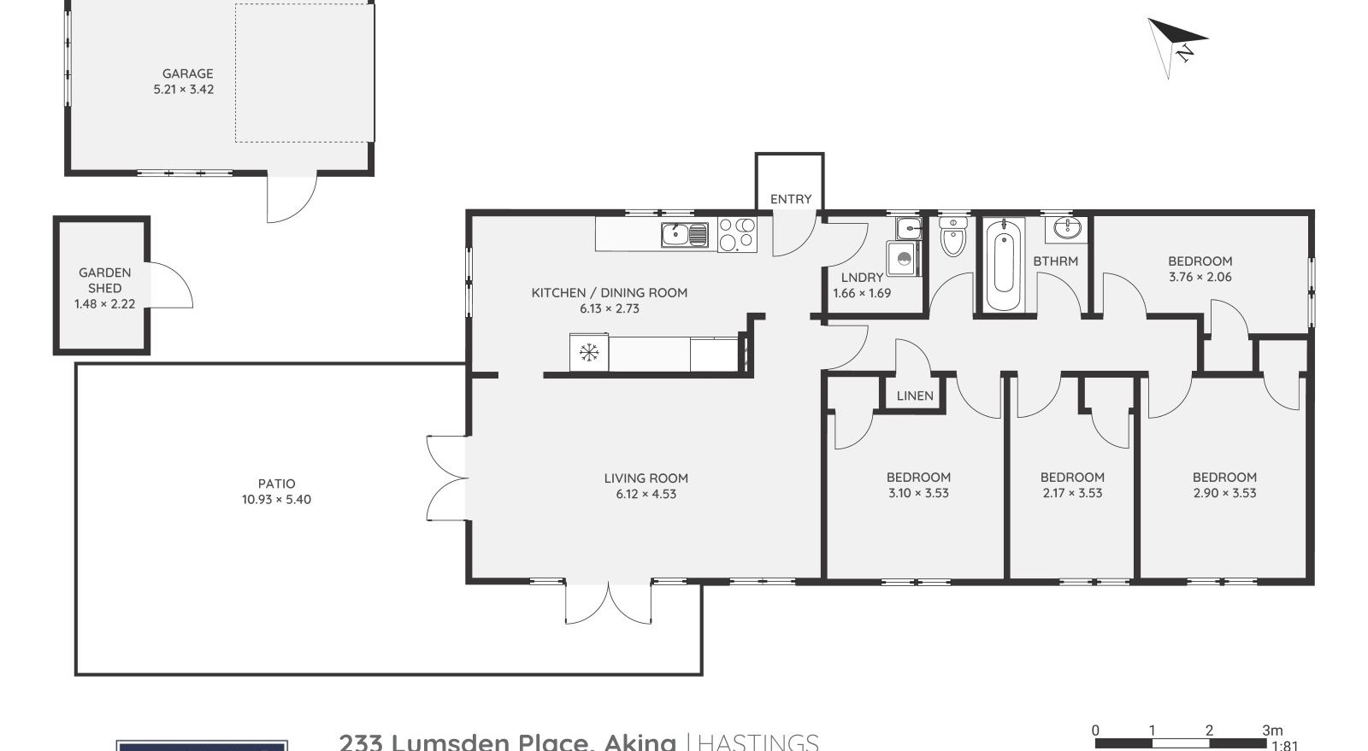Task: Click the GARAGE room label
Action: pyautogui.click(x=187, y=73)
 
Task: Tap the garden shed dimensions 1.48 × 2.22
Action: pyautogui.click(x=104, y=304)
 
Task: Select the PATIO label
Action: pyautogui.click(x=276, y=484)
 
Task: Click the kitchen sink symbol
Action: pyautogui.click(x=684, y=233)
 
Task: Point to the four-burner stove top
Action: pyautogui.click(x=737, y=234)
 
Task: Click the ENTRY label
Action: pyautogui.click(x=790, y=199)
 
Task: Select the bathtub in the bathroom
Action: pyautogui.click(x=1002, y=265)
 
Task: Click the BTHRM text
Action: pyautogui.click(x=1055, y=261)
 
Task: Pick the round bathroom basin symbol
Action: pyautogui.click(x=1065, y=228)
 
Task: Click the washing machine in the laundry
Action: pyautogui.click(x=903, y=259)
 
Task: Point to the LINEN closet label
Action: pyautogui.click(x=915, y=396)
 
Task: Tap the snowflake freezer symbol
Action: pyautogui.click(x=588, y=352)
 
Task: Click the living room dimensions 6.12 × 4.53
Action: pyautogui.click(x=646, y=494)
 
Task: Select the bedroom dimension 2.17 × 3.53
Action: pyautogui.click(x=1072, y=493)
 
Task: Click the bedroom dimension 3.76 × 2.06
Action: pyautogui.click(x=1200, y=277)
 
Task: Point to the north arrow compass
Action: pyautogui.click(x=1176, y=45)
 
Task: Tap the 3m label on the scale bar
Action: pyautogui.click(x=1272, y=730)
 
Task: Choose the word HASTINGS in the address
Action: pyautogui.click(x=758, y=742)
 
